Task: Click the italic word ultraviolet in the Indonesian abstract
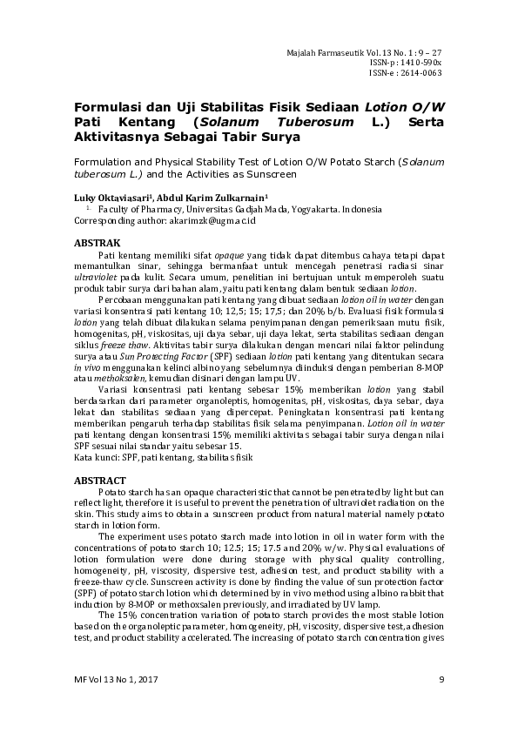pos(98,275)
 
